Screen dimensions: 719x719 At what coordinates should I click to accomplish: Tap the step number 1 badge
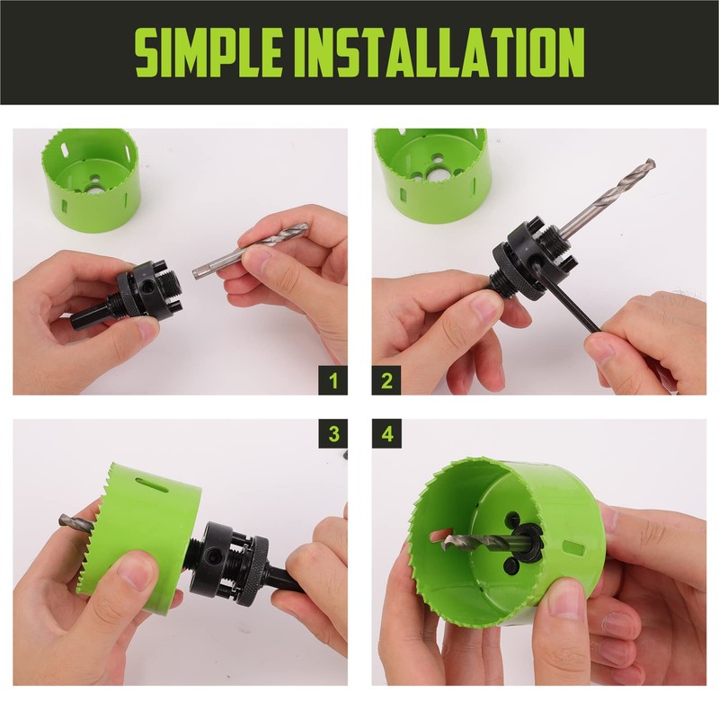point(333,379)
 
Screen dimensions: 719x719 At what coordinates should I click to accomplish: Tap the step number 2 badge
point(386,379)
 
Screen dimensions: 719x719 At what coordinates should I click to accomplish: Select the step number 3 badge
point(333,434)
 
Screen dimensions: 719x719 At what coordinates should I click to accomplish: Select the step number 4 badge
point(386,434)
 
